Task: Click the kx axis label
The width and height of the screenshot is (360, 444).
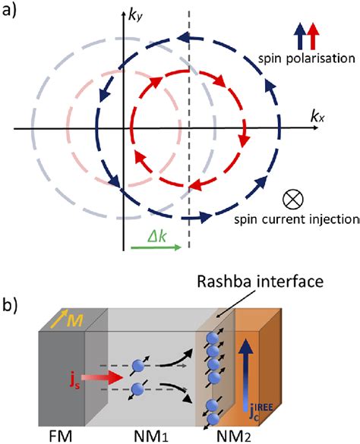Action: [317, 117]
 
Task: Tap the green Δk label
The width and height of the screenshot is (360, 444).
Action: [156, 237]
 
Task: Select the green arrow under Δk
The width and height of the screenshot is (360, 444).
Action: [156, 247]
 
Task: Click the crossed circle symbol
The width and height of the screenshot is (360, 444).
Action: [293, 199]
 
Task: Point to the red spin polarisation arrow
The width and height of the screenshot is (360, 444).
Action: [313, 36]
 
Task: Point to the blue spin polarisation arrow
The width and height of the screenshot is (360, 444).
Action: [300, 36]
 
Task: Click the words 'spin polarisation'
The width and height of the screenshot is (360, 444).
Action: [306, 58]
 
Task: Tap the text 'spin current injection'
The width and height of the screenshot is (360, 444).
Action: [296, 219]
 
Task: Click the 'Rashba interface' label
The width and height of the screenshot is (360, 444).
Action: [261, 282]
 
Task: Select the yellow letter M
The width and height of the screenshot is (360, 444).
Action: [74, 321]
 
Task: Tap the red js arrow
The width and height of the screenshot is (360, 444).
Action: [102, 377]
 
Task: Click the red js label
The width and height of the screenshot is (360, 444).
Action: [75, 381]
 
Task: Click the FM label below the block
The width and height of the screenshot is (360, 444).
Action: [61, 436]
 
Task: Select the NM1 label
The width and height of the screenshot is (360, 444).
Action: [151, 436]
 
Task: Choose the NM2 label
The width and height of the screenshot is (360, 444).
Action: [234, 436]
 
